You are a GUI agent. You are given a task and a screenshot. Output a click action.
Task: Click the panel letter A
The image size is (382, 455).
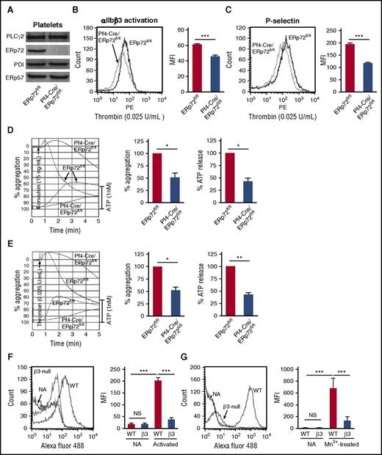(x=7, y=7)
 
